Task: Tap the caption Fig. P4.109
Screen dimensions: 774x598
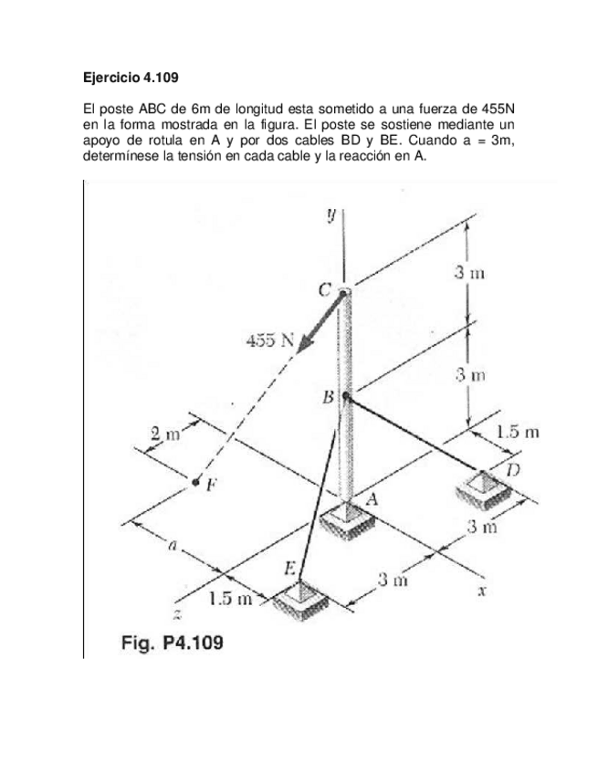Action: pos(173,643)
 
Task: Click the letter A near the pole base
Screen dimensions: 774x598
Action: pos(372,499)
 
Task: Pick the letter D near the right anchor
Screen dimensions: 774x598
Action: pos(513,469)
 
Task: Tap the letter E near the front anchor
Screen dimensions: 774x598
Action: pos(289,568)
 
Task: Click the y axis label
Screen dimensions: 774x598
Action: pos(332,214)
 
